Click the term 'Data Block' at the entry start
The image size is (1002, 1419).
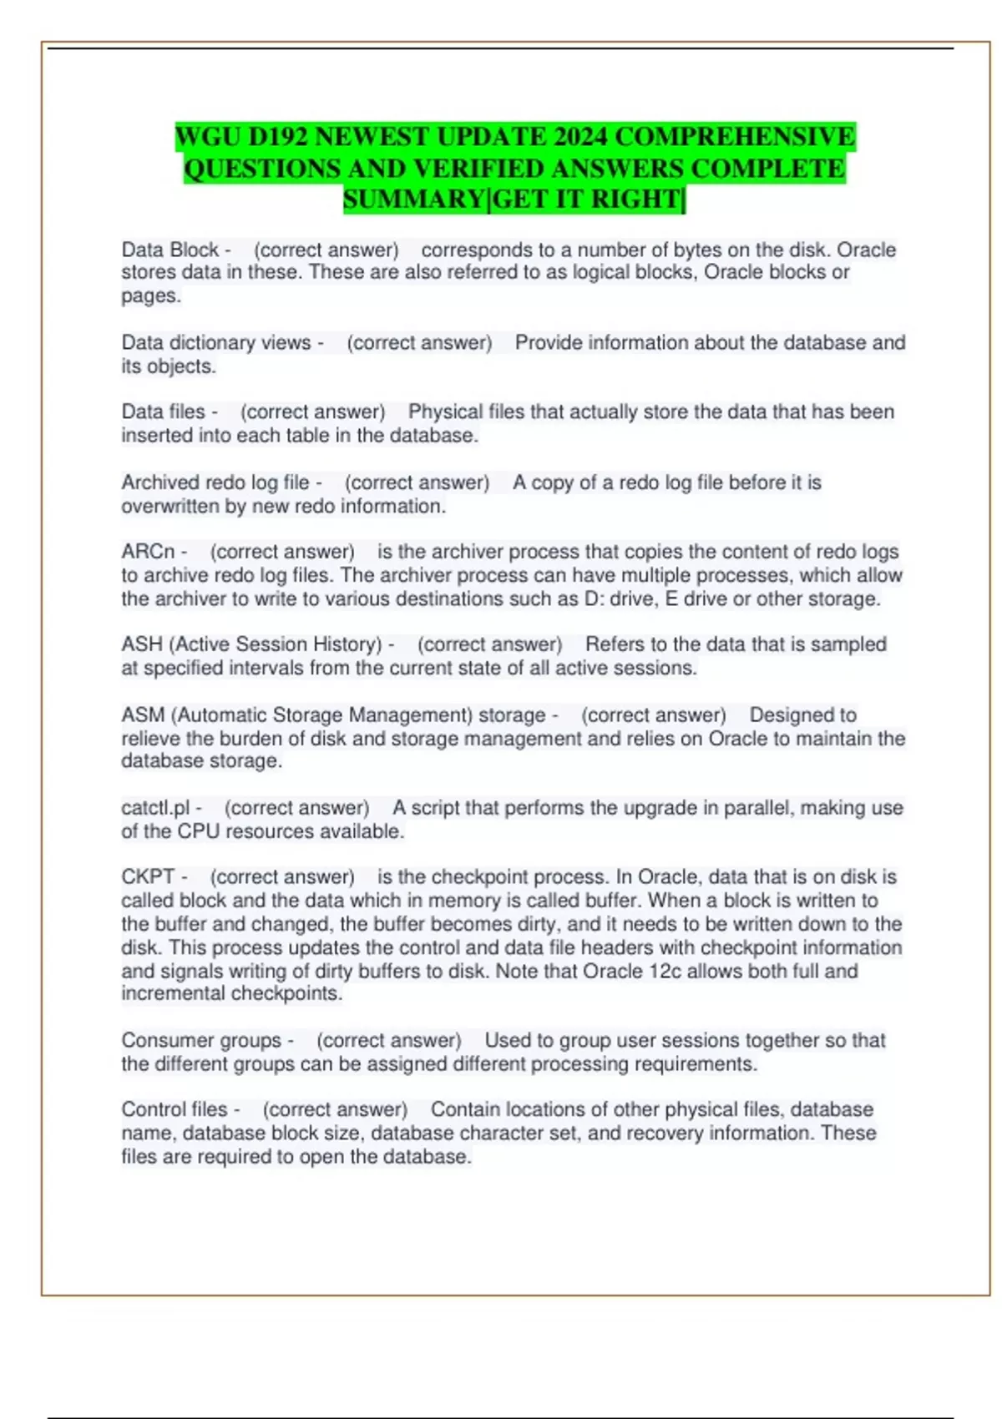(x=170, y=250)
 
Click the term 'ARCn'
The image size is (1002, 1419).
(x=148, y=552)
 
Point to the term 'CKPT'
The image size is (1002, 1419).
(x=148, y=876)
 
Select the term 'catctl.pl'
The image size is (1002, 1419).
(x=155, y=808)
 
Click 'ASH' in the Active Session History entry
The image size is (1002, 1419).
(x=142, y=644)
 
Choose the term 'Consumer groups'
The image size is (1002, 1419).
(x=201, y=1040)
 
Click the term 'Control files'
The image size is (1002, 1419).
(x=174, y=1109)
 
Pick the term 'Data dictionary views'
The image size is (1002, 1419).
(x=215, y=342)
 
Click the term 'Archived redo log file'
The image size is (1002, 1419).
(x=215, y=482)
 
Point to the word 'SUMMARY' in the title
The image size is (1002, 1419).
(x=413, y=199)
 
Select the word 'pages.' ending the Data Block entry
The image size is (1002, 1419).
(x=151, y=295)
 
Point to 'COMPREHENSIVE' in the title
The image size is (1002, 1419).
(x=735, y=137)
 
